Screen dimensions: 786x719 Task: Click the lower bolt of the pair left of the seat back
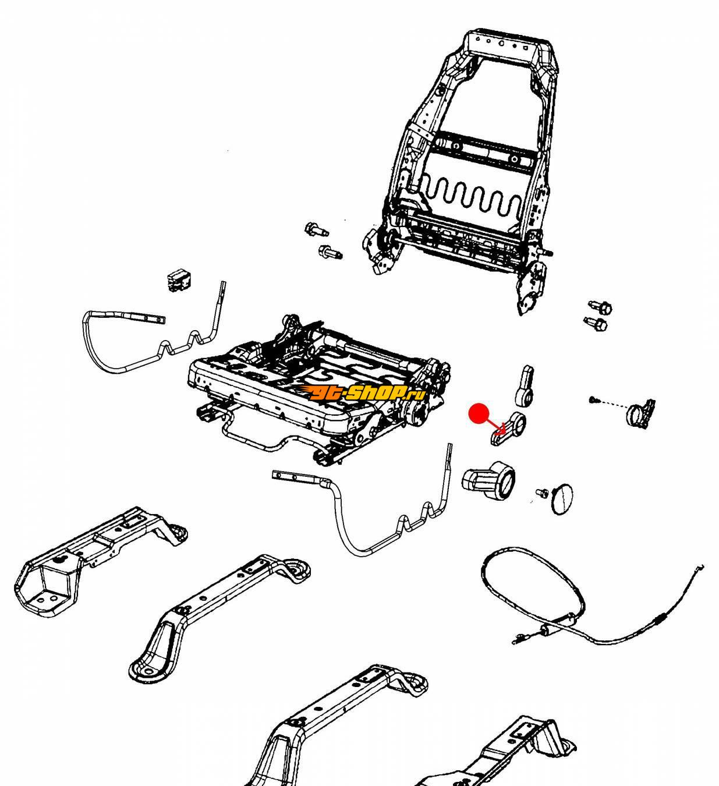329,253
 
